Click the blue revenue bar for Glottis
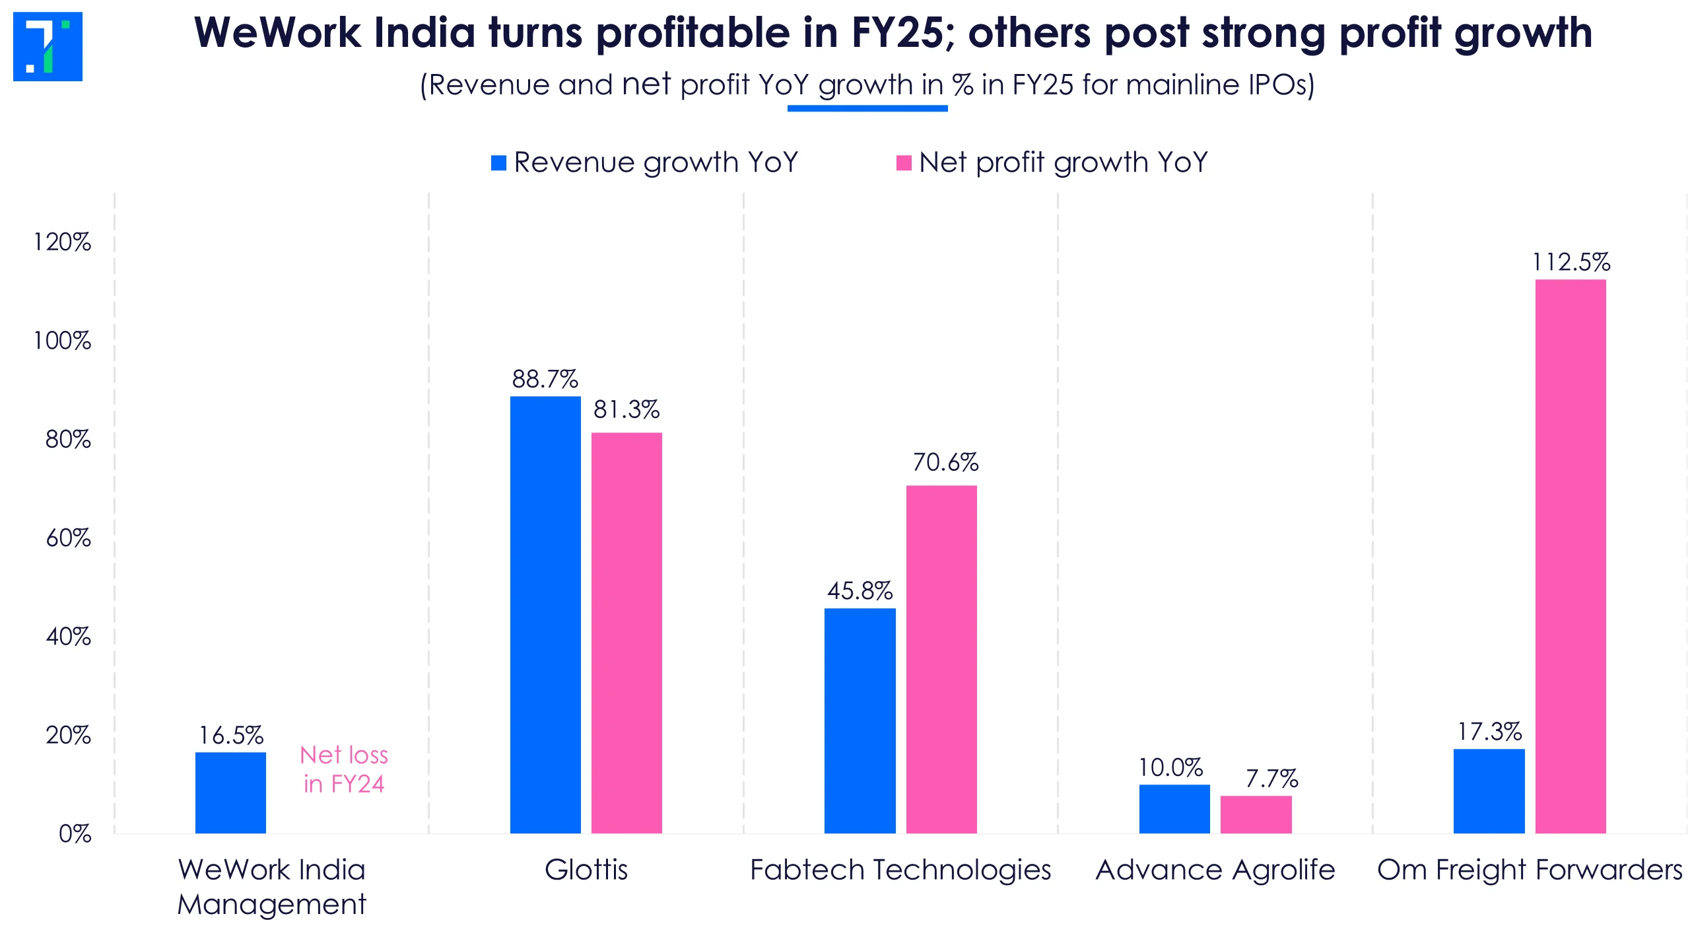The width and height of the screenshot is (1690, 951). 545,614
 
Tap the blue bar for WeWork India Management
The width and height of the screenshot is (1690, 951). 230,792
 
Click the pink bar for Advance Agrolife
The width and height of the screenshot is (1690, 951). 1256,814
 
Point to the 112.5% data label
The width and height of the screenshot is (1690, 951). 1571,263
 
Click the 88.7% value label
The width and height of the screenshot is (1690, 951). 545,379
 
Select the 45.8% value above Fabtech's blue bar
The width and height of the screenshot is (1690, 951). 860,591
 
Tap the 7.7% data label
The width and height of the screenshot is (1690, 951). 1271,779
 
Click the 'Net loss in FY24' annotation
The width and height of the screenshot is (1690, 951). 344,769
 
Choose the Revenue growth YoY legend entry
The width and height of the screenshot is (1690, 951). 644,162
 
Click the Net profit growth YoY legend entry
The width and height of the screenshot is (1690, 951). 1052,162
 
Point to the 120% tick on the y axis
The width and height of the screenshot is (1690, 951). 63,242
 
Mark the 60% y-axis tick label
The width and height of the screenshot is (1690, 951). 68,538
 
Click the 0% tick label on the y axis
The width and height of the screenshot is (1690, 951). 75,834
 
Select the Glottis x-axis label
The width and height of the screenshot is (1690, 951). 586,870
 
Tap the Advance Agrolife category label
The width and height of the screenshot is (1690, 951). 1215,870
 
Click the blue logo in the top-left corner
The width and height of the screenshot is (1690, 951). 48,46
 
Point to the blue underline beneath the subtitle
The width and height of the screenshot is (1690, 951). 867,108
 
